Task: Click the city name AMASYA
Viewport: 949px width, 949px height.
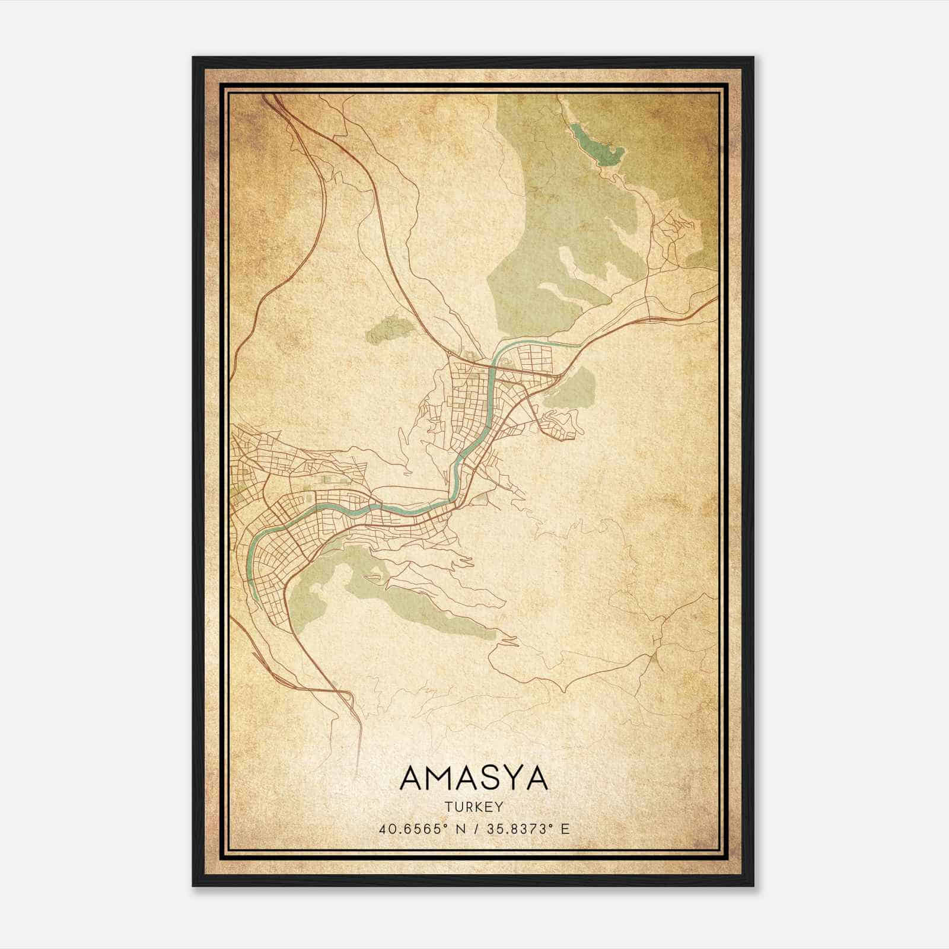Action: coord(474,778)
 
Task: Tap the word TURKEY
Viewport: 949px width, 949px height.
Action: coord(474,807)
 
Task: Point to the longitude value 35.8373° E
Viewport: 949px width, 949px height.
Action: coord(524,829)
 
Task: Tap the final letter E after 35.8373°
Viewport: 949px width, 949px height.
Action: coord(566,829)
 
